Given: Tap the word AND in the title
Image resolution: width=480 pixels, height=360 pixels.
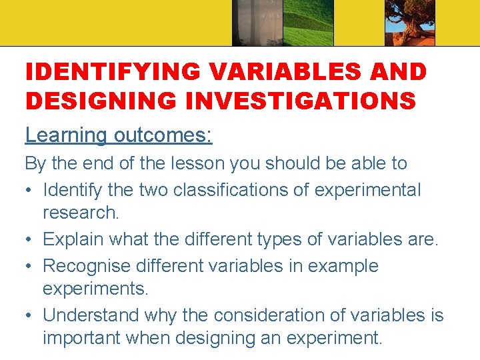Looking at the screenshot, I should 393,71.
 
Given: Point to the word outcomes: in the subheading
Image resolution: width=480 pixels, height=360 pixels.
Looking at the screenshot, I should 163,135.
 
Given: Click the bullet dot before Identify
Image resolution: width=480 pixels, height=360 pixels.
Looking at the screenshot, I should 30,191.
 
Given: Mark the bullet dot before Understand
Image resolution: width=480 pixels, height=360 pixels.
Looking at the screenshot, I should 30,315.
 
